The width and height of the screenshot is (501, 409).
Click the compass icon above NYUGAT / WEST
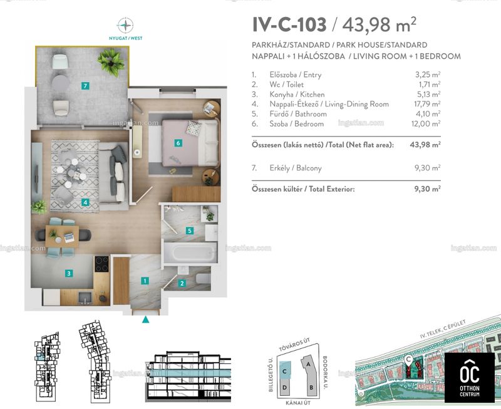(x=125, y=25)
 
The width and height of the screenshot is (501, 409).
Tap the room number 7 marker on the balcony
(x=85, y=86)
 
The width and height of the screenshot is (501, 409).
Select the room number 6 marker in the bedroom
(x=178, y=143)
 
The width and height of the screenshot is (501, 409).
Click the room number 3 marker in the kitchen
(x=69, y=273)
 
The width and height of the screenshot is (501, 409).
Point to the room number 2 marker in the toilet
(x=182, y=283)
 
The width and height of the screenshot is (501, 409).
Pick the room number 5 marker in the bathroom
(x=190, y=230)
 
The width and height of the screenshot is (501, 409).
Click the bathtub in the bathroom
(x=190, y=252)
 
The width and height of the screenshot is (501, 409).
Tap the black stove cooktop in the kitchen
(x=102, y=264)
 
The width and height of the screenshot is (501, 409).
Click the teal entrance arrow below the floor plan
(x=146, y=319)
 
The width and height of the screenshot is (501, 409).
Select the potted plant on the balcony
(x=111, y=62)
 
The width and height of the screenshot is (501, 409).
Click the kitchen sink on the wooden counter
(x=85, y=298)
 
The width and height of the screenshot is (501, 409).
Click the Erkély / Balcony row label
(x=296, y=168)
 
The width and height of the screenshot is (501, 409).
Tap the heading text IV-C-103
(x=289, y=25)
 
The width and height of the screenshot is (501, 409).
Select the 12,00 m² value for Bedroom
(x=426, y=124)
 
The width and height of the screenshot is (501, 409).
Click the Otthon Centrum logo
(x=469, y=378)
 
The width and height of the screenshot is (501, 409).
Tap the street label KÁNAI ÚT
(x=298, y=403)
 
